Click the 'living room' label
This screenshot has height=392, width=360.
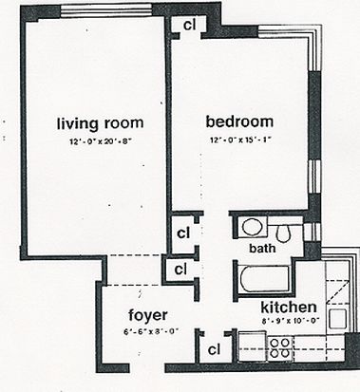(100, 123)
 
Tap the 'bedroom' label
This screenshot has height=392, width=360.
(239, 121)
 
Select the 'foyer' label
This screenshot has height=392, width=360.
(148, 315)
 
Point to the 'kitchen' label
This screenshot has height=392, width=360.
(289, 308)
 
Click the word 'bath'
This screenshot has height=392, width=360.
(262, 248)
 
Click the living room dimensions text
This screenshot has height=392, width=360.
(101, 141)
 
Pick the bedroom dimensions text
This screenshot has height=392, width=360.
(241, 140)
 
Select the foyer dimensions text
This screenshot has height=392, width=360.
(151, 332)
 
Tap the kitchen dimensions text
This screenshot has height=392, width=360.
(290, 321)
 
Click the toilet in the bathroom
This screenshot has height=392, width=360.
(283, 233)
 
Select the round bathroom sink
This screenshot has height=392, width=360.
(253, 227)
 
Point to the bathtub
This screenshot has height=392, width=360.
(265, 279)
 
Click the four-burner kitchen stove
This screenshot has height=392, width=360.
(280, 347)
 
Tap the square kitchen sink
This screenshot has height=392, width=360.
(337, 318)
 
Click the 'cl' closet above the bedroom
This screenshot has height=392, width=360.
(189, 26)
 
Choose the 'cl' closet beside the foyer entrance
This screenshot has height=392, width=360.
(215, 349)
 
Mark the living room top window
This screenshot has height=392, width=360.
(106, 11)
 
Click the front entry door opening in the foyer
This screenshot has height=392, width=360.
(147, 368)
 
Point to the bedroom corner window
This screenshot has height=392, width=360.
(302, 35)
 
